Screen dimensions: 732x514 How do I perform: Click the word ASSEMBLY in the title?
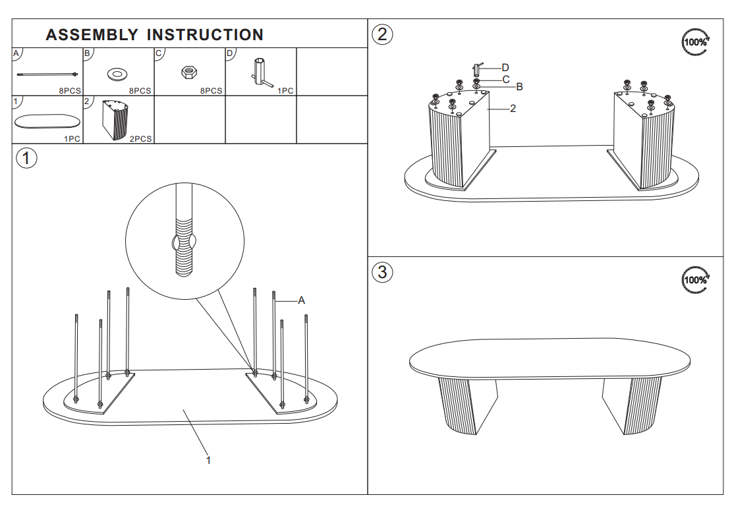92,35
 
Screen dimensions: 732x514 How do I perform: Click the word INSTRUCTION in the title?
205,35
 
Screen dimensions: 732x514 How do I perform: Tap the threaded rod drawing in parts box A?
47,74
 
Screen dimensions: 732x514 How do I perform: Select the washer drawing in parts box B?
118,74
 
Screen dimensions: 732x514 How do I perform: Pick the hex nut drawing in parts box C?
189,72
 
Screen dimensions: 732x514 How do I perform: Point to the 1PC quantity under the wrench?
285,90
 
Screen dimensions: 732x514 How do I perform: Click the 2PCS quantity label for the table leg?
140,138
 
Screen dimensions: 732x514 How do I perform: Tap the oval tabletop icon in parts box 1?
47,121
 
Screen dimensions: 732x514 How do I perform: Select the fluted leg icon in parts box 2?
115,119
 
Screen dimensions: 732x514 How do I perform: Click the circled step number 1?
26,158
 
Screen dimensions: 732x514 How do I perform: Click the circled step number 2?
382,34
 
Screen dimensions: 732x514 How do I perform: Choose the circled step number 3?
382,272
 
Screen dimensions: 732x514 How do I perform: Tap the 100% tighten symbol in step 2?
695,42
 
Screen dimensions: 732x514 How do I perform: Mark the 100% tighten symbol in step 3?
695,280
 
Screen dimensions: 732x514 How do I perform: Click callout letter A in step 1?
302,300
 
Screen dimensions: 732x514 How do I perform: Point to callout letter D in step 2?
505,68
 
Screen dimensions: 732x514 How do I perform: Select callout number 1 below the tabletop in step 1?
208,461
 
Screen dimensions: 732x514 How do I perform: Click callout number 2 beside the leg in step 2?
513,108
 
